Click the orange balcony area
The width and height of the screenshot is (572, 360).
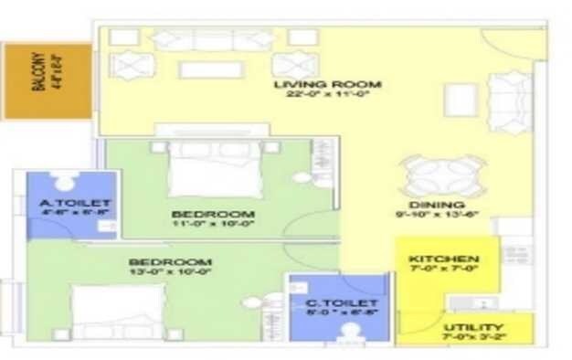point(46,79)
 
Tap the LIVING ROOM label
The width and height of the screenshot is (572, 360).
point(327,84)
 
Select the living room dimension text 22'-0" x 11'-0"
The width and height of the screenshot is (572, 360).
point(327,94)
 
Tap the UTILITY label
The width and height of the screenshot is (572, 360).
point(471,327)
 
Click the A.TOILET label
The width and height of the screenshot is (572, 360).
point(74,202)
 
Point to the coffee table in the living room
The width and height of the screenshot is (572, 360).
point(211,69)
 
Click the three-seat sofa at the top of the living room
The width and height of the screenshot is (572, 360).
point(211,39)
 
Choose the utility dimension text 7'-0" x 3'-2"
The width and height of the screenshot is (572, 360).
point(471,338)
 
